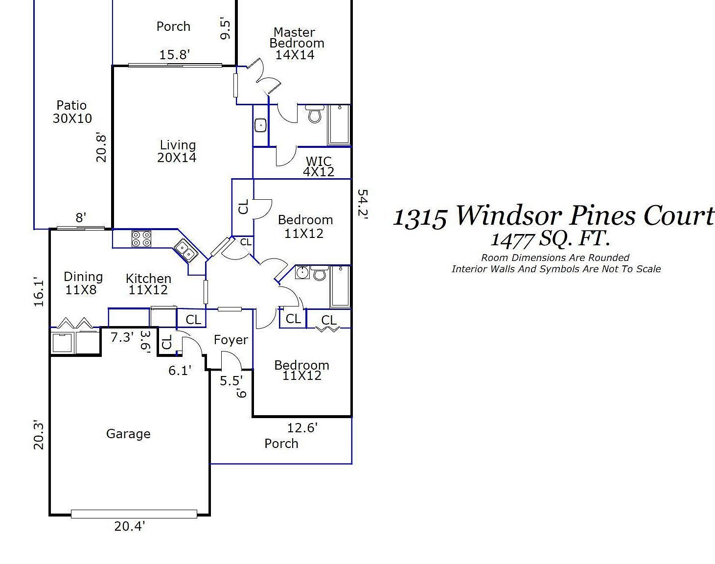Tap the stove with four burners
pos(141,239)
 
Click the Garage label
pos(128,434)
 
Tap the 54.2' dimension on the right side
pos(363,203)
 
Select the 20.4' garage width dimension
pos(130,526)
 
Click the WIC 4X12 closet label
pos(319,166)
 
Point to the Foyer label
pos(231,340)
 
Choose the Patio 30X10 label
pos(72,112)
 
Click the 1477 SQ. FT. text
pos(550,239)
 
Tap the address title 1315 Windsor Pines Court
pos(553,215)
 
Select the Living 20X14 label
pos(177,151)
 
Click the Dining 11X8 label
pos(83,283)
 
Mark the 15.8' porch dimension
pos(174,54)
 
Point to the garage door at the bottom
pos(134,514)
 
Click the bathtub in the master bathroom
pos(339,125)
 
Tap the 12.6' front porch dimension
pos(302,428)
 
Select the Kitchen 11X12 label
pos(148,284)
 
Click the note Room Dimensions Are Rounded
pos(555,258)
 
